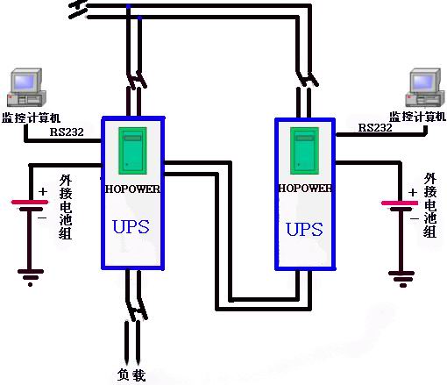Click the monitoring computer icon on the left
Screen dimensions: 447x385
tap(26, 87)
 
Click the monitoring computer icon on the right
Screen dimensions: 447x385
tap(423, 88)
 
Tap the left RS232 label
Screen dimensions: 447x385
tap(67, 132)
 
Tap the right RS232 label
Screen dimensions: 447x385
tap(375, 128)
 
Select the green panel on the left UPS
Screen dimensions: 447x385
tap(132, 151)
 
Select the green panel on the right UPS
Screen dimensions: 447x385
tap(304, 151)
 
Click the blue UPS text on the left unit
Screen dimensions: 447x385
tap(131, 227)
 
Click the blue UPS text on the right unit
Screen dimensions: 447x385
tap(304, 229)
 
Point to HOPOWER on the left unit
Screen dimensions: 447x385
tap(132, 189)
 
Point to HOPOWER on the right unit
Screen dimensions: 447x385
tap(305, 188)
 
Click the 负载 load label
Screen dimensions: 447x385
tap(131, 374)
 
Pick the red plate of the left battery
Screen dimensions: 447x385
tap(30, 202)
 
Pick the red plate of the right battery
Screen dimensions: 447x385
tap(400, 203)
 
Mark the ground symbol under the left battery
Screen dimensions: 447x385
tap(31, 277)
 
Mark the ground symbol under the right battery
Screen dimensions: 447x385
tap(401, 279)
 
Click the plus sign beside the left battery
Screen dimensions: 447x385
tap(43, 192)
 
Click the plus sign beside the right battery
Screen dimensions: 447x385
tap(413, 193)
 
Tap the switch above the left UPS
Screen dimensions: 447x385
tap(137, 80)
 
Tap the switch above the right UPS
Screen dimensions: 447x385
tap(307, 78)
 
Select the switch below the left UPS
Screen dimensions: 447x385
tap(137, 309)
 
